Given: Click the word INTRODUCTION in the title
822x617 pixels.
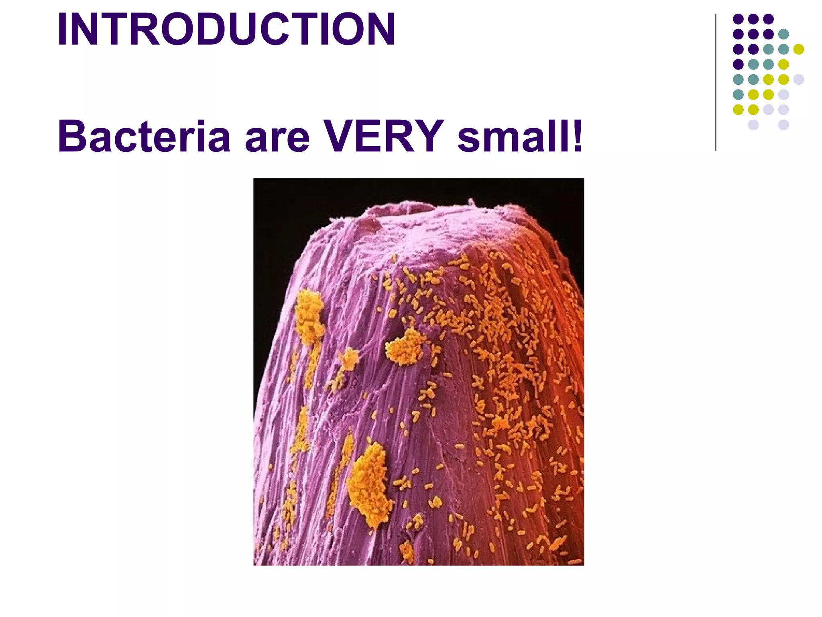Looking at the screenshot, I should [226, 30].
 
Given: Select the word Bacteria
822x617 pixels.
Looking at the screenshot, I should [144, 137].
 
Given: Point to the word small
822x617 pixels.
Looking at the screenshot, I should [513, 137].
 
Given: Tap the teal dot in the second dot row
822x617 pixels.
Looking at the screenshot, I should [783, 34].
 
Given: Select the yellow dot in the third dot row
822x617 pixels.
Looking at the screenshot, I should [798, 49].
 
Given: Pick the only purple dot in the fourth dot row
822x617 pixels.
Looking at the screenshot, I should [738, 64].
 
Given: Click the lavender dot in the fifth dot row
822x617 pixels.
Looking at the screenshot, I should [798, 79].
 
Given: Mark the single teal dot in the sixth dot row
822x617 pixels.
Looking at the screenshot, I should [738, 94].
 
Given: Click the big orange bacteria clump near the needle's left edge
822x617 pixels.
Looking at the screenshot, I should [309, 317].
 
